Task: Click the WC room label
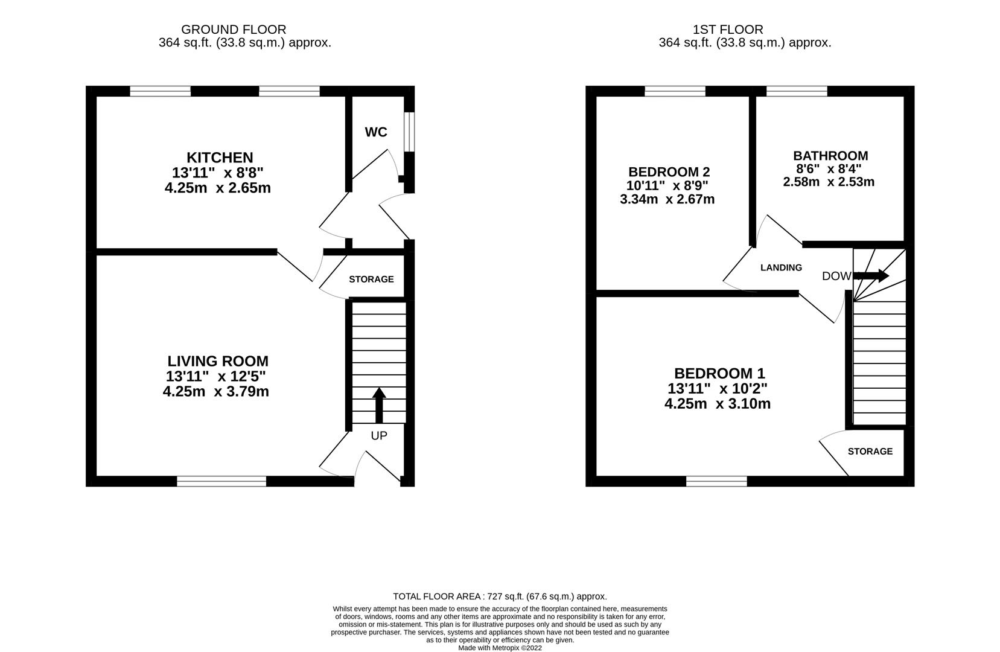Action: pos(375,132)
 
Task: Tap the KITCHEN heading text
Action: pos(220,158)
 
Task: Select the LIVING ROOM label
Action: pos(218,361)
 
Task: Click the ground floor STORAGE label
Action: pos(371,280)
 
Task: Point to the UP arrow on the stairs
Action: pos(379,404)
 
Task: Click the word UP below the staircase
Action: pos(379,435)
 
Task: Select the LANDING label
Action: pos(781,267)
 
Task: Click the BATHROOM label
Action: pos(830,156)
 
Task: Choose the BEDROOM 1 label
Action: pos(719,373)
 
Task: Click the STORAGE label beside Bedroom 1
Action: pos(870,452)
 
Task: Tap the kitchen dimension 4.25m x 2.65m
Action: pos(217,188)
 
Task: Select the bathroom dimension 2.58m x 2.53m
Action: pos(829,182)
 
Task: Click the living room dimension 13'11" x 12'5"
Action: pos(216,376)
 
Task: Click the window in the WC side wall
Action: pos(409,132)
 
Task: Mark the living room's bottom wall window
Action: pos(221,481)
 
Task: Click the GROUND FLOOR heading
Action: pos(234,29)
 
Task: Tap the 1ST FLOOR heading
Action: pos(728,29)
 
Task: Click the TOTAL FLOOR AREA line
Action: pos(500,596)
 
